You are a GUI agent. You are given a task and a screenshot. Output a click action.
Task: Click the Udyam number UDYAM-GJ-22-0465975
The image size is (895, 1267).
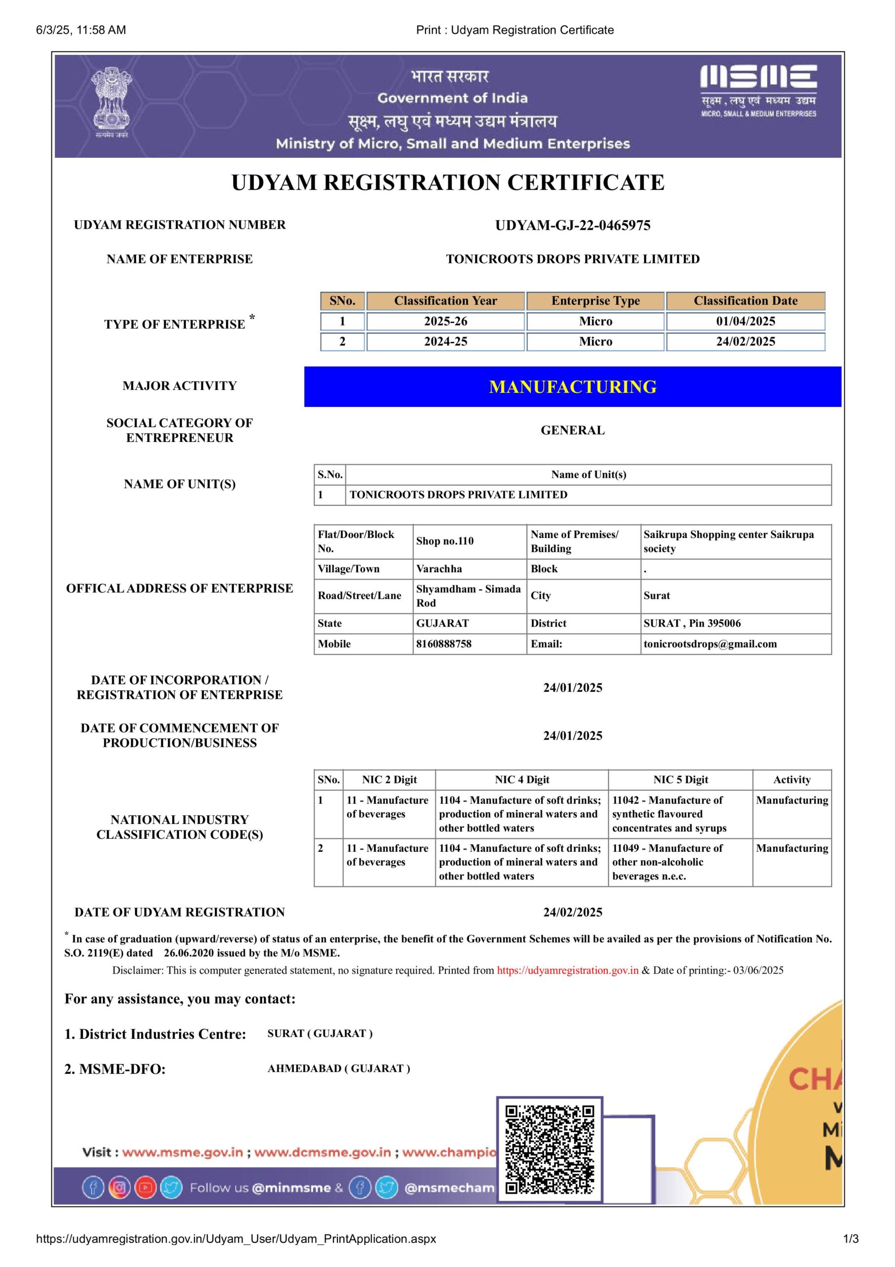point(572,225)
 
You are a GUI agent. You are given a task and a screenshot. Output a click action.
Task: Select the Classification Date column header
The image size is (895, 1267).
point(745,301)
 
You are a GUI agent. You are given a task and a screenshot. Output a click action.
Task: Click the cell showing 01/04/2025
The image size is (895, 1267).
point(745,321)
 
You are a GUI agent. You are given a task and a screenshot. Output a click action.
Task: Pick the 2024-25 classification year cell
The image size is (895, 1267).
point(445,341)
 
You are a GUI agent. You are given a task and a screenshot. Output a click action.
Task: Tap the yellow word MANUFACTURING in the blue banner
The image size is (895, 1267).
point(572,387)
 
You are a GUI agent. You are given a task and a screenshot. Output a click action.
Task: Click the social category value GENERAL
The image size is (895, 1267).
point(572,431)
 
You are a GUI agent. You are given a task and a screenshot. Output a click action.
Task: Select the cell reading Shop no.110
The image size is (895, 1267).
point(445,541)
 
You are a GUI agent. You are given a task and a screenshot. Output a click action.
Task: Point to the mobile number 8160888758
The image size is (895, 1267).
point(444,644)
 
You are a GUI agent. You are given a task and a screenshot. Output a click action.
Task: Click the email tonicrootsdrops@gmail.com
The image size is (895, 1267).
point(709,644)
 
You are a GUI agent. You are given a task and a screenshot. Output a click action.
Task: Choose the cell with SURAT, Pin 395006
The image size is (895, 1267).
point(692,624)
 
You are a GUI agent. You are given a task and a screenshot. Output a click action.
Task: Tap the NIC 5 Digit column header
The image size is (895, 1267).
point(680,780)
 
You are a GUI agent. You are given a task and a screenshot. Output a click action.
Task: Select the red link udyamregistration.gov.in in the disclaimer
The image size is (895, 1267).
point(567,970)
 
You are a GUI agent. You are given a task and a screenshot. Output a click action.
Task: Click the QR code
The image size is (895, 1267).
point(550,1150)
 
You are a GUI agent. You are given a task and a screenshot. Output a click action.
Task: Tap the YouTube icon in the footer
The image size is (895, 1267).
point(145,1188)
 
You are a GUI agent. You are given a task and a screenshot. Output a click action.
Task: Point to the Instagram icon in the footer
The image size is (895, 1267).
point(119,1188)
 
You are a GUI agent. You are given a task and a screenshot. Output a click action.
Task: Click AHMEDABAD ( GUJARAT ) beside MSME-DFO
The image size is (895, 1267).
point(339,1069)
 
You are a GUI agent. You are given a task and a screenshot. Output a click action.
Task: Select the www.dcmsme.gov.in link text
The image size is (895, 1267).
point(322,1152)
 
